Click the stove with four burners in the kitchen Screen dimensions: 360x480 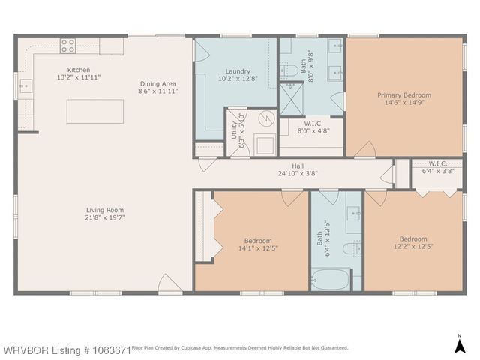68,45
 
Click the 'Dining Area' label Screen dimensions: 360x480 157,83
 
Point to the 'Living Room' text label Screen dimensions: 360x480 105,210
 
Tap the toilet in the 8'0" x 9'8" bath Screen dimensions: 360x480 289,72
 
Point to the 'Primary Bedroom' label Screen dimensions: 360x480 403,95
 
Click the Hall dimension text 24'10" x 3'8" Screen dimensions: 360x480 298,174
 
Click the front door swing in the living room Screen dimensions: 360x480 169,283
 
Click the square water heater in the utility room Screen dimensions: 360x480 264,144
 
